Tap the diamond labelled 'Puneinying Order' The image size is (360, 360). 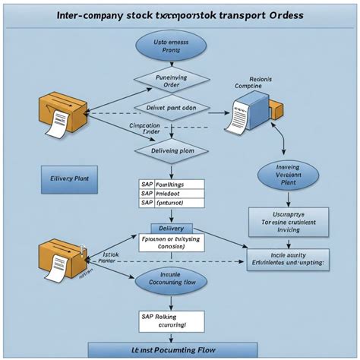click(x=171, y=81)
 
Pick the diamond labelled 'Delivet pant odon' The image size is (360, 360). click(x=171, y=108)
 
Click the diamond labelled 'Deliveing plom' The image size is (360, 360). click(x=171, y=150)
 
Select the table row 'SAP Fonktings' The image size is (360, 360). click(x=171, y=184)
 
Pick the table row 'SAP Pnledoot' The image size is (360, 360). click(x=171, y=194)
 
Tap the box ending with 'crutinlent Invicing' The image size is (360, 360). click(x=288, y=221)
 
